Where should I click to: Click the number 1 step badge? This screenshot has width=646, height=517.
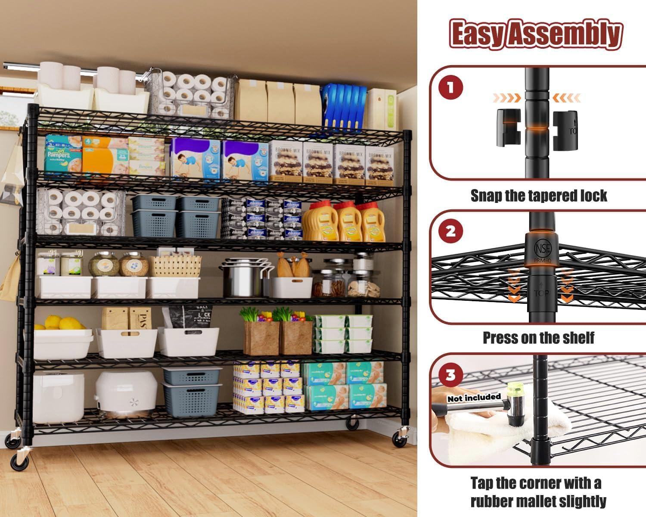coord(450,88)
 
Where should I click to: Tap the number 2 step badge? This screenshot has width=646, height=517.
coord(450,232)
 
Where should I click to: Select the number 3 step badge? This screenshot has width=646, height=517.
coord(450,375)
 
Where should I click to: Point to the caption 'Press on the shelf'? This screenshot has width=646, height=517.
coord(538,338)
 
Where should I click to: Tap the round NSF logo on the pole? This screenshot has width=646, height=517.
coord(542,249)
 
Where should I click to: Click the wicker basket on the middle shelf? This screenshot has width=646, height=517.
coord(175,266)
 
